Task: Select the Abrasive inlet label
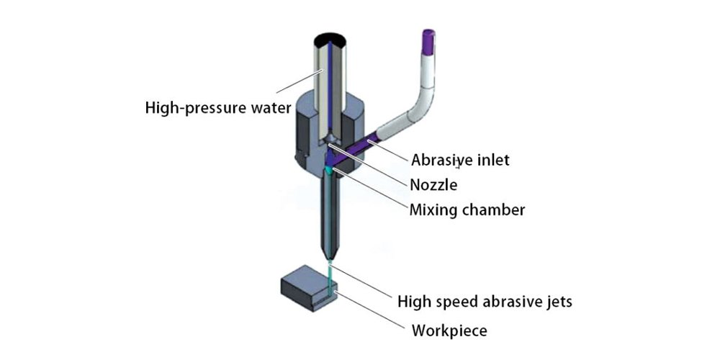pos(460,160)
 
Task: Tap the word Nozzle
pos(433,185)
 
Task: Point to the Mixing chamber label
pos(467,211)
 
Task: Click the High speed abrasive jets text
pos(485,301)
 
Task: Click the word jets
pos(557,301)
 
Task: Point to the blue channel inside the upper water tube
pos(329,86)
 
